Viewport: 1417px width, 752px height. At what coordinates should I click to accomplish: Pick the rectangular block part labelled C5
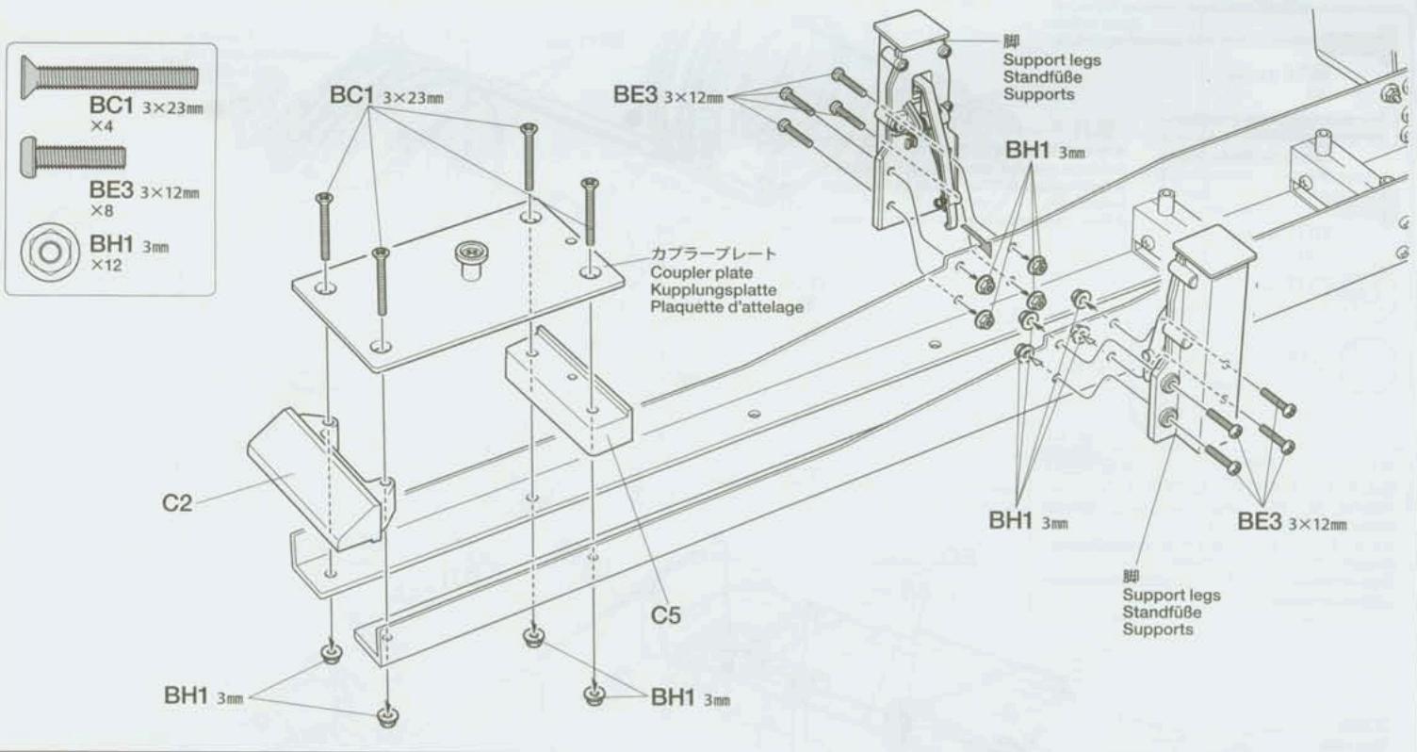click(568, 386)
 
